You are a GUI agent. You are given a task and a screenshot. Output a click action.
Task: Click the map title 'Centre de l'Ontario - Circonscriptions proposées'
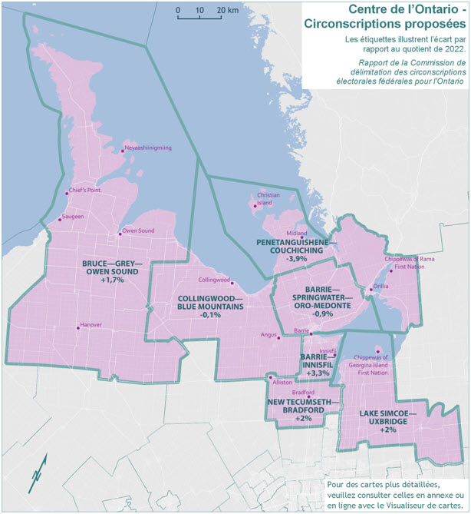[x=385, y=17]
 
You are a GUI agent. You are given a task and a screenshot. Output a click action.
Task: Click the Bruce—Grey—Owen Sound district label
[x=112, y=272]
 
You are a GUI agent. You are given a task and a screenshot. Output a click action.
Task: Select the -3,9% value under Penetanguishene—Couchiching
[x=297, y=260]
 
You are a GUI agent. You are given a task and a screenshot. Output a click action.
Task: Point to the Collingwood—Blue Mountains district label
[x=210, y=306]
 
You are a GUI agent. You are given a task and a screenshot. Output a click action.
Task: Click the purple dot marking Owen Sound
[x=119, y=234]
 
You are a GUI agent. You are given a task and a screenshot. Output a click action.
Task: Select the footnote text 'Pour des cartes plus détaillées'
[x=394, y=486]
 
